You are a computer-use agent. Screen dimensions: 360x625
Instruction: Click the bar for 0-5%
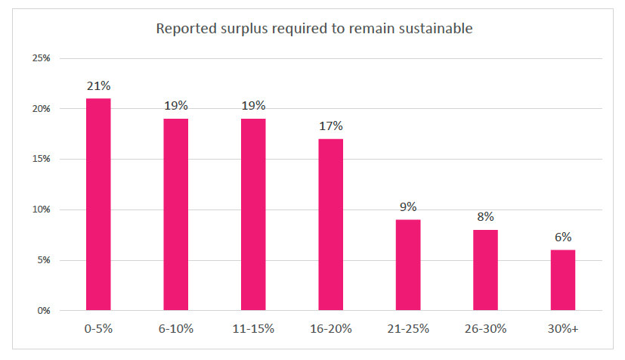[x=98, y=204]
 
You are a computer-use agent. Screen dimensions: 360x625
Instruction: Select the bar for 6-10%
[x=175, y=214]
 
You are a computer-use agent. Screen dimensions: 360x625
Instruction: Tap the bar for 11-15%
[x=253, y=214]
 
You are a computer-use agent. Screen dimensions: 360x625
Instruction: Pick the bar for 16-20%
[x=330, y=225]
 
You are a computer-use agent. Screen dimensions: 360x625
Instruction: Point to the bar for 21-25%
[x=408, y=265]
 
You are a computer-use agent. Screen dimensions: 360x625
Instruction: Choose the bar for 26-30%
[x=485, y=270]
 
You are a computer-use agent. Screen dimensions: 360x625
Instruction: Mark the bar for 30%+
[x=563, y=280]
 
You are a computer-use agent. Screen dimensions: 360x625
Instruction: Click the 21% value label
[x=98, y=85]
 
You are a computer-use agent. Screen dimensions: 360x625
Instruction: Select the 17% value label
[x=330, y=126]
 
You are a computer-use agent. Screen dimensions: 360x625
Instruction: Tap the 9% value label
[x=408, y=206]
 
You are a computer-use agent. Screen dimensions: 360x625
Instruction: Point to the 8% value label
[x=485, y=217]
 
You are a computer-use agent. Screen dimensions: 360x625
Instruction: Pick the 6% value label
[x=563, y=237]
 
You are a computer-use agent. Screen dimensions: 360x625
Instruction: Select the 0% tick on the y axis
[x=43, y=311]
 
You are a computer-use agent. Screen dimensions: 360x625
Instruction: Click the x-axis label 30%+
[x=563, y=329]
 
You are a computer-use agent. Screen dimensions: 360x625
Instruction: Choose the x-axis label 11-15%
[x=253, y=329]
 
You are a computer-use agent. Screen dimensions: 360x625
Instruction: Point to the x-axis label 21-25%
[x=408, y=329]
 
